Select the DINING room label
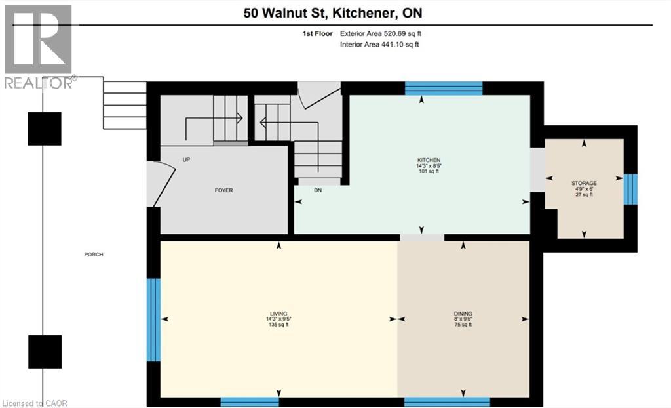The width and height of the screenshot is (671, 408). (x=464, y=314)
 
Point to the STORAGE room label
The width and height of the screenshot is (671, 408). (x=584, y=183)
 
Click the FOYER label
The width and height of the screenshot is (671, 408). (x=223, y=190)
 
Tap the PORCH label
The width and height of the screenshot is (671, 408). (x=94, y=255)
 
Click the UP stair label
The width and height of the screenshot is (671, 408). (x=186, y=159)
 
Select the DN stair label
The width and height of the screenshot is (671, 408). (x=317, y=190)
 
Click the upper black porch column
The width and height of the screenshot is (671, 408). (x=45, y=129)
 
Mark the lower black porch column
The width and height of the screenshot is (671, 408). (x=45, y=352)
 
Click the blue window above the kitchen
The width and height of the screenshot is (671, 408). (x=444, y=89)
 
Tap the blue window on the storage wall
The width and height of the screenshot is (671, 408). (x=630, y=188)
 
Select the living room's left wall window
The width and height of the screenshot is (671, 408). (x=153, y=319)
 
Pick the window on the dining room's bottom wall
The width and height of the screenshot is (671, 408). (x=447, y=401)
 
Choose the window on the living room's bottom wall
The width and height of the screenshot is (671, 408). (x=250, y=401)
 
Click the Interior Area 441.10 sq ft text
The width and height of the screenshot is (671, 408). (x=379, y=45)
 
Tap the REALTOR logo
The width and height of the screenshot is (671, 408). (x=38, y=46)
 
